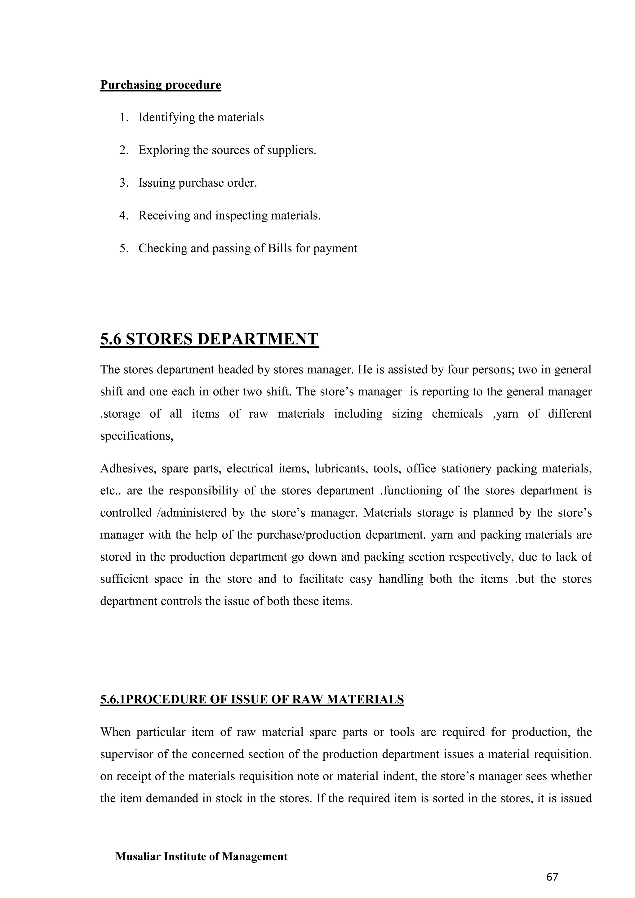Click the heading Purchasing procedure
(x=161, y=85)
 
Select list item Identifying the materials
(x=201, y=117)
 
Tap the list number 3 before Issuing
(x=124, y=183)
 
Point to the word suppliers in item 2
(x=291, y=150)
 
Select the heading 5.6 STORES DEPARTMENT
(x=209, y=339)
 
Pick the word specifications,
(x=136, y=436)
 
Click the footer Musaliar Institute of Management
(x=201, y=856)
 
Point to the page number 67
(x=552, y=877)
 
